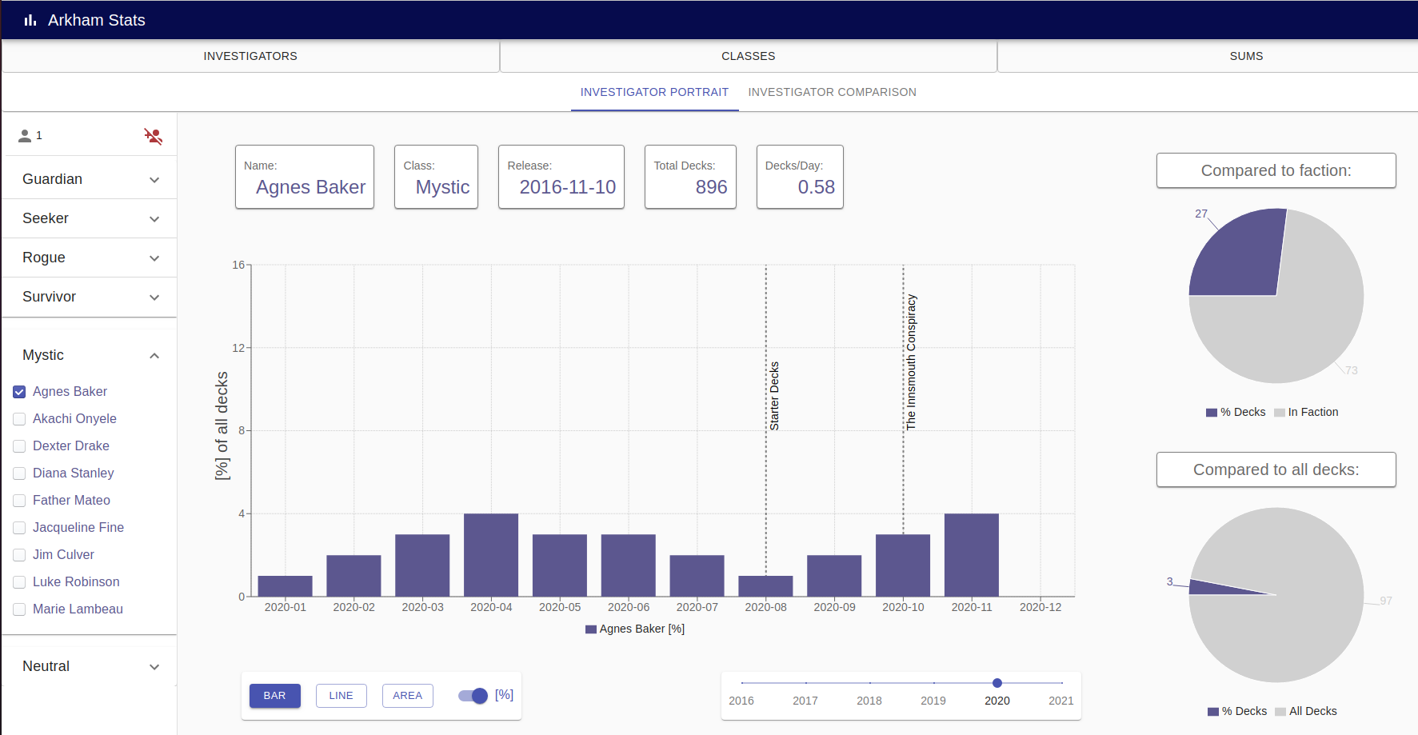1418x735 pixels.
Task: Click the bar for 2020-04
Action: [491, 555]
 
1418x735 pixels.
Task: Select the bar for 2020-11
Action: [972, 555]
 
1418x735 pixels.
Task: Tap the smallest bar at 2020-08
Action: [765, 586]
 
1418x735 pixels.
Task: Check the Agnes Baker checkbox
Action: [19, 392]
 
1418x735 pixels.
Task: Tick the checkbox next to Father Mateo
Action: [19, 501]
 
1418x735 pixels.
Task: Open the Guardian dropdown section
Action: [90, 179]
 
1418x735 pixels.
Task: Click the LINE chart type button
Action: [341, 696]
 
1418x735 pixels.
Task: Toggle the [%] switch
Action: [473, 696]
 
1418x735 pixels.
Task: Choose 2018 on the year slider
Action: [869, 683]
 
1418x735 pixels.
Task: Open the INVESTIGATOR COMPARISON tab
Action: [832, 92]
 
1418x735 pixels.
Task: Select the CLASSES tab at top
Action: [748, 56]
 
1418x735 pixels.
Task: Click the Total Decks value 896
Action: [711, 187]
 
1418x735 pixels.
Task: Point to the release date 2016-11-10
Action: [567, 187]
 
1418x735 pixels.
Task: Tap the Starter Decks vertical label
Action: [774, 396]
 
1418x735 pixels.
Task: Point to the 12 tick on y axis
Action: [238, 348]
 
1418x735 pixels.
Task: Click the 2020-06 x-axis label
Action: [629, 608]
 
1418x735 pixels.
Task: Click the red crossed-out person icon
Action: [153, 136]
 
